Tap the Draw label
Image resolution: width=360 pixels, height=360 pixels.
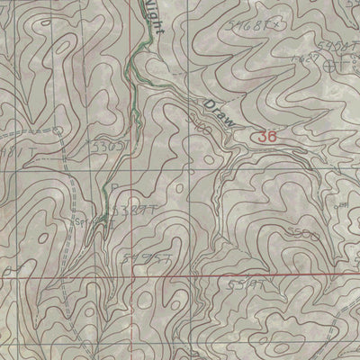(218, 113)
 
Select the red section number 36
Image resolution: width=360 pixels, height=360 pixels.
(265, 137)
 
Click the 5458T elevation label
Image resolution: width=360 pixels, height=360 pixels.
(330, 46)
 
